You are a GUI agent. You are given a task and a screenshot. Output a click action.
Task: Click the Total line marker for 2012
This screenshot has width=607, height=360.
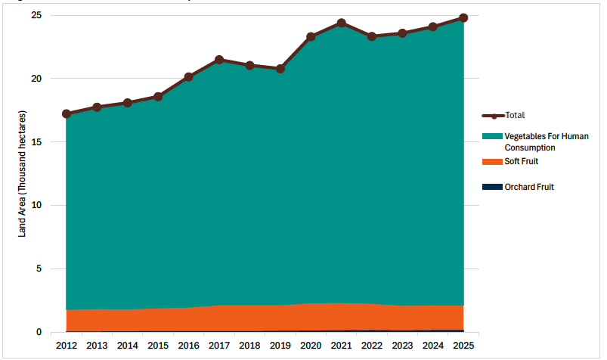(67, 114)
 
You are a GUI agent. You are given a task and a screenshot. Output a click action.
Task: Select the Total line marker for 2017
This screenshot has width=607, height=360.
(219, 60)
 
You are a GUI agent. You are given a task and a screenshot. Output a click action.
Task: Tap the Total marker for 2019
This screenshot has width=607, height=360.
(280, 69)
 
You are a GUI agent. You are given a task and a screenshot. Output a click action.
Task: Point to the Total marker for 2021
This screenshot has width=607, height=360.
(342, 23)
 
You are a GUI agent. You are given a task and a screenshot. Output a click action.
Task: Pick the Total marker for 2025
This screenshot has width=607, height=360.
(463, 17)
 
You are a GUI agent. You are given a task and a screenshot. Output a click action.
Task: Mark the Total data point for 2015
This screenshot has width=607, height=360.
(158, 97)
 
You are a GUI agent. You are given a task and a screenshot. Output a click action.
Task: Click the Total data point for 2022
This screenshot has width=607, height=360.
(372, 36)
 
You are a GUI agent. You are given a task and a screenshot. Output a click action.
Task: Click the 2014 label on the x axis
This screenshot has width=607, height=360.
(128, 346)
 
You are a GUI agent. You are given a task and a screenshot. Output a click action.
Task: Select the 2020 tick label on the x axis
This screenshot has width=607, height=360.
(311, 346)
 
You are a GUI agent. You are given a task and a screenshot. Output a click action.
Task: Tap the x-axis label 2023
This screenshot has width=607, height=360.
(402, 346)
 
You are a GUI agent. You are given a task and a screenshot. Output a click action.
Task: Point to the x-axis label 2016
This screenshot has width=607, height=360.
(189, 346)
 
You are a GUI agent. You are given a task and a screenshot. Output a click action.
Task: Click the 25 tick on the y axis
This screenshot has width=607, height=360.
(36, 16)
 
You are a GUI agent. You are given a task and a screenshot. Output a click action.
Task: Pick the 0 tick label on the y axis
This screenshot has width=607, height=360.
(39, 333)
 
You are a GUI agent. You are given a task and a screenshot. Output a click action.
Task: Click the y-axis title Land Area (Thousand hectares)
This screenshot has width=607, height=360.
(22, 174)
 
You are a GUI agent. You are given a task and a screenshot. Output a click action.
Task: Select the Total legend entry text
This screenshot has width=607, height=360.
(516, 116)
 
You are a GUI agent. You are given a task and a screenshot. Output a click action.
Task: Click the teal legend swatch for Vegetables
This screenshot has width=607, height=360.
(492, 136)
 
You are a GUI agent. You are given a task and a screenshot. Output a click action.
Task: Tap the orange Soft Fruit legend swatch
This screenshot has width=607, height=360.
(492, 162)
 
